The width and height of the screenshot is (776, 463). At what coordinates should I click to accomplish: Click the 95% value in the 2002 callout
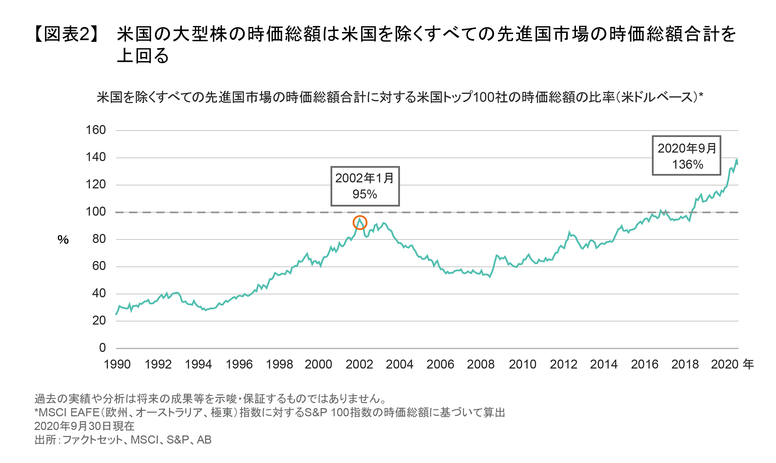365,194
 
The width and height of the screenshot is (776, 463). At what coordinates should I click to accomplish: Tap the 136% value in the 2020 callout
687,164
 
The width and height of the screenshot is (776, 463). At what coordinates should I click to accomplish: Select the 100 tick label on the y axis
96,212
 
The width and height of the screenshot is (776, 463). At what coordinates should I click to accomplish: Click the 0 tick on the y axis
102,348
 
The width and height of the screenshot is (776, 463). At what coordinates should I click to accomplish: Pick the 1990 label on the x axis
117,364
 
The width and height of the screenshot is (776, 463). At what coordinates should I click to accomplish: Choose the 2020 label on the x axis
724,364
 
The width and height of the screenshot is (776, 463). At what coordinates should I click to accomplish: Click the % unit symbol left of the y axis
63,240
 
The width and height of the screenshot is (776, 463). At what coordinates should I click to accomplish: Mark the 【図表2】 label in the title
66,34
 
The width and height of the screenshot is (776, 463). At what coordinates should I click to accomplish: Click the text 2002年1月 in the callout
365,178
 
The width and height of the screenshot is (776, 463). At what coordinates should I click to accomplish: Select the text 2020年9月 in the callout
687,148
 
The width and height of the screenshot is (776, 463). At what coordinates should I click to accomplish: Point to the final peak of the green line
736,160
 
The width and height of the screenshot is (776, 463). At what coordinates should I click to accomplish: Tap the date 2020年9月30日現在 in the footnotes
84,426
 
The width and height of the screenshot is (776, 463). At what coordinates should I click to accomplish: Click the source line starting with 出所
123,440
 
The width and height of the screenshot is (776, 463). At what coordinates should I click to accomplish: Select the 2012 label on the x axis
563,364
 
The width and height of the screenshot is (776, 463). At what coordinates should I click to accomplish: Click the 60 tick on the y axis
99,266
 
